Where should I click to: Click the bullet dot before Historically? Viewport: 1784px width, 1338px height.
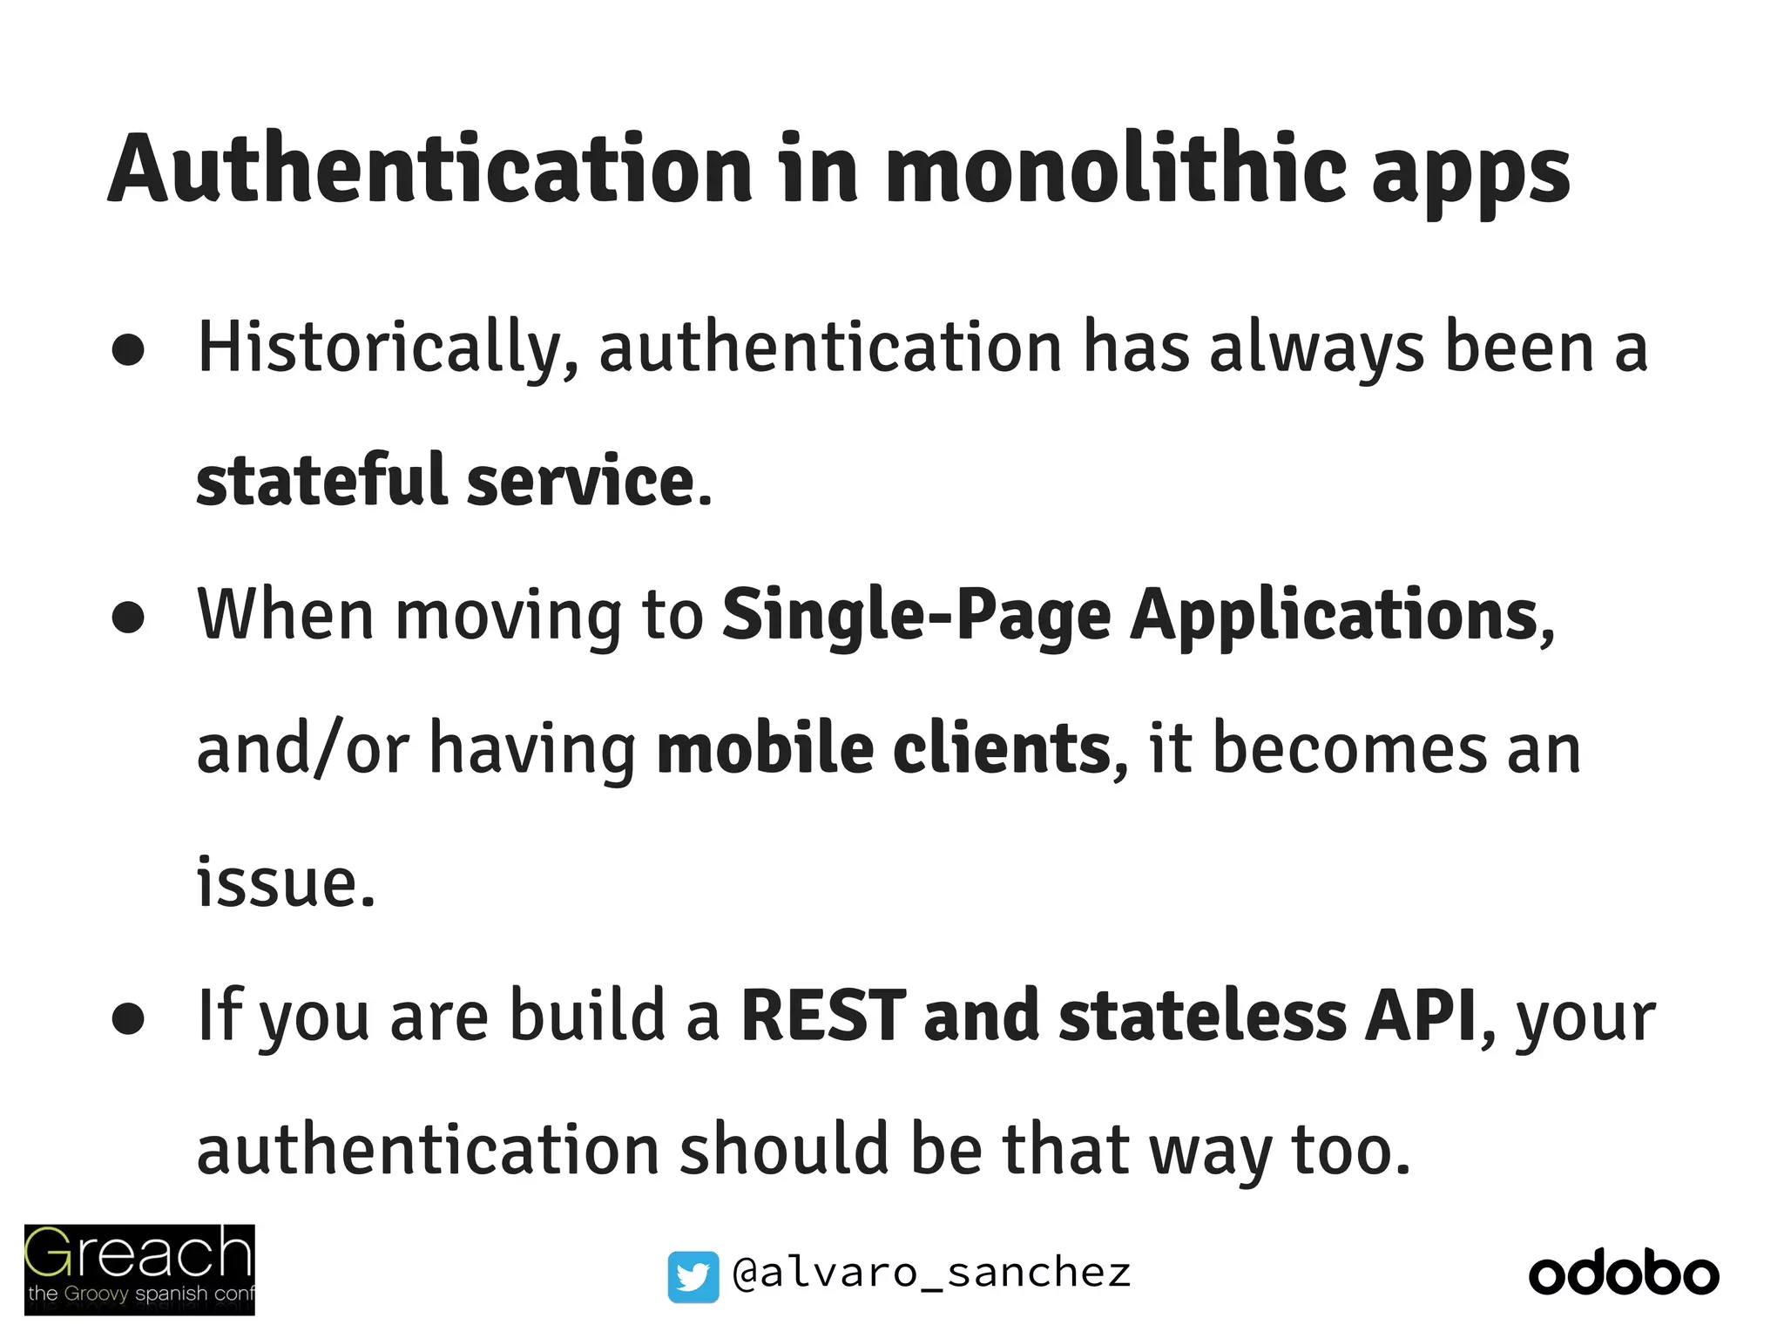coord(128,350)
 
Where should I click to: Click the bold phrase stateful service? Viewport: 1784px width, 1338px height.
coord(445,481)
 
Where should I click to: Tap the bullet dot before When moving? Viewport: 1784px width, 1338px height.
coord(128,618)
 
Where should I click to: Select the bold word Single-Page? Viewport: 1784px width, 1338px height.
coord(916,617)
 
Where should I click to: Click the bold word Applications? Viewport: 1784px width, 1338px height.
coord(1335,617)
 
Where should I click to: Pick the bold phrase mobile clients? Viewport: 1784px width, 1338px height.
coord(883,749)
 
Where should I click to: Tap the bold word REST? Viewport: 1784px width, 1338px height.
coord(823,1016)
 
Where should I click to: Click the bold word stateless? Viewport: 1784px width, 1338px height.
coord(1202,1016)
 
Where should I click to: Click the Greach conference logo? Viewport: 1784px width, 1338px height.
coord(139,1269)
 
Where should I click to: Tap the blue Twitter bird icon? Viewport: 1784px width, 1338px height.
coord(693,1276)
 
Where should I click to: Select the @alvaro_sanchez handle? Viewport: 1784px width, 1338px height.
coord(931,1274)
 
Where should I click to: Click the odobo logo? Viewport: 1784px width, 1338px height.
coord(1624,1275)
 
